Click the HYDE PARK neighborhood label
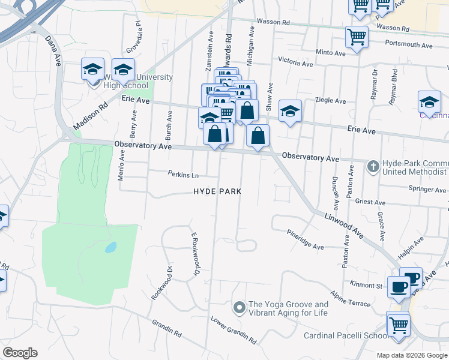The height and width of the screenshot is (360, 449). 217,191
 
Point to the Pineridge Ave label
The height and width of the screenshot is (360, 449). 305,239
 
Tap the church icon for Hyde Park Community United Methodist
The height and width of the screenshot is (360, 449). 373,166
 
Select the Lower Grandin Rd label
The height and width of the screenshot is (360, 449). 233,330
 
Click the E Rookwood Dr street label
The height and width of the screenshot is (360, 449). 194,254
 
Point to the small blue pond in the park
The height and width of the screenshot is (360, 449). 110,247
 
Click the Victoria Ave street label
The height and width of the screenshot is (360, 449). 295,62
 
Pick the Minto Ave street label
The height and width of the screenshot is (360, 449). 331,53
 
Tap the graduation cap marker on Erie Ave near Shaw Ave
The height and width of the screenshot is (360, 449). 290,111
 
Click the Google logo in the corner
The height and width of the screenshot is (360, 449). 20,353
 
